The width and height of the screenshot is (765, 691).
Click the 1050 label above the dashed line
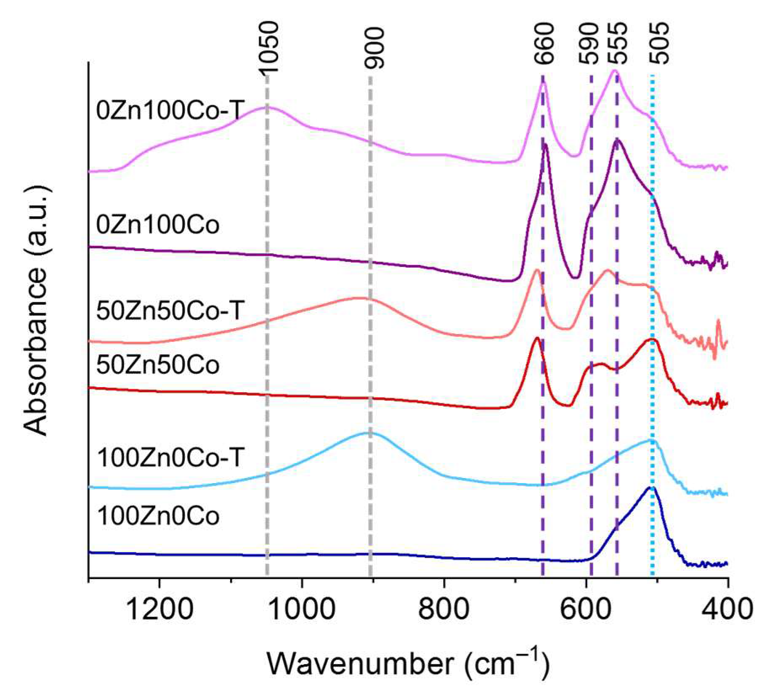267,47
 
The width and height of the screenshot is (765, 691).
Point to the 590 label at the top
589,43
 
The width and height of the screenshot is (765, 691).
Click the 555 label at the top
617,43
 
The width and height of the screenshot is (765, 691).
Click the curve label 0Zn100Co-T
170,112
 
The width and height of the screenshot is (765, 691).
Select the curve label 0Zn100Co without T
158,225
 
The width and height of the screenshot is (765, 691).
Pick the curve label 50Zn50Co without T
158,365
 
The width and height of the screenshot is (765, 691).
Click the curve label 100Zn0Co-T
170,458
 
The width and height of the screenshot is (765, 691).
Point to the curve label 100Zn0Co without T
158,516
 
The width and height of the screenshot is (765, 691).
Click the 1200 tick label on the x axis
159,610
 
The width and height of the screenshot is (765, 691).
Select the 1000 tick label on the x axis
301,610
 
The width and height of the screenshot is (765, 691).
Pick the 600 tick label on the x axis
586,610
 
